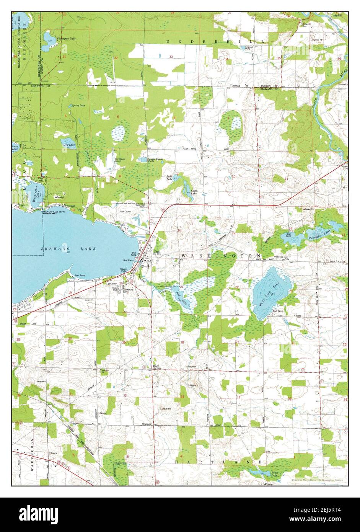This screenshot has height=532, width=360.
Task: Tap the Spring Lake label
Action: point(76,105)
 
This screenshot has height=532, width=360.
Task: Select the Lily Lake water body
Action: point(68,144)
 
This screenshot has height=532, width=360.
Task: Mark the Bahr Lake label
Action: point(169,177)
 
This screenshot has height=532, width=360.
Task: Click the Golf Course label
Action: point(125,211)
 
